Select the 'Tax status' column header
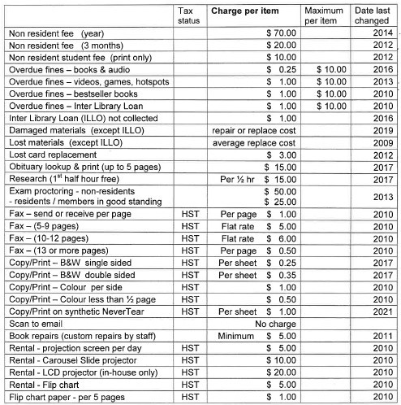point(187,14)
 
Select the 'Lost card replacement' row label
point(53,155)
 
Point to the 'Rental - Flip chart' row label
point(47,384)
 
